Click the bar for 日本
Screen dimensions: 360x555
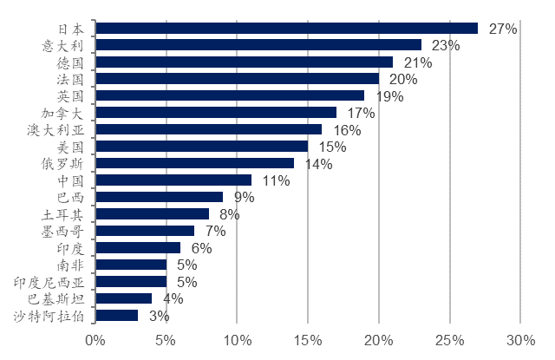point(286,29)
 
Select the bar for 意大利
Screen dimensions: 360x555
point(258,45)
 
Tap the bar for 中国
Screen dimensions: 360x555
point(173,180)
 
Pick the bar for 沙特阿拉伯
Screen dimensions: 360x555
point(116,316)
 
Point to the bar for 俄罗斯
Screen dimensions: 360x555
point(194,163)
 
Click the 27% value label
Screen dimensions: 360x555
point(503,29)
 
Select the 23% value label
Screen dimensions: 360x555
point(445,45)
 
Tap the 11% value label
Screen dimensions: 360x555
point(275,180)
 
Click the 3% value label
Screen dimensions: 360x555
point(159,316)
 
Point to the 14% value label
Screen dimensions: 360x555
point(317,163)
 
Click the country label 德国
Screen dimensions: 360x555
point(70,62)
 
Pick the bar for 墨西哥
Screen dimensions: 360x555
point(145,231)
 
